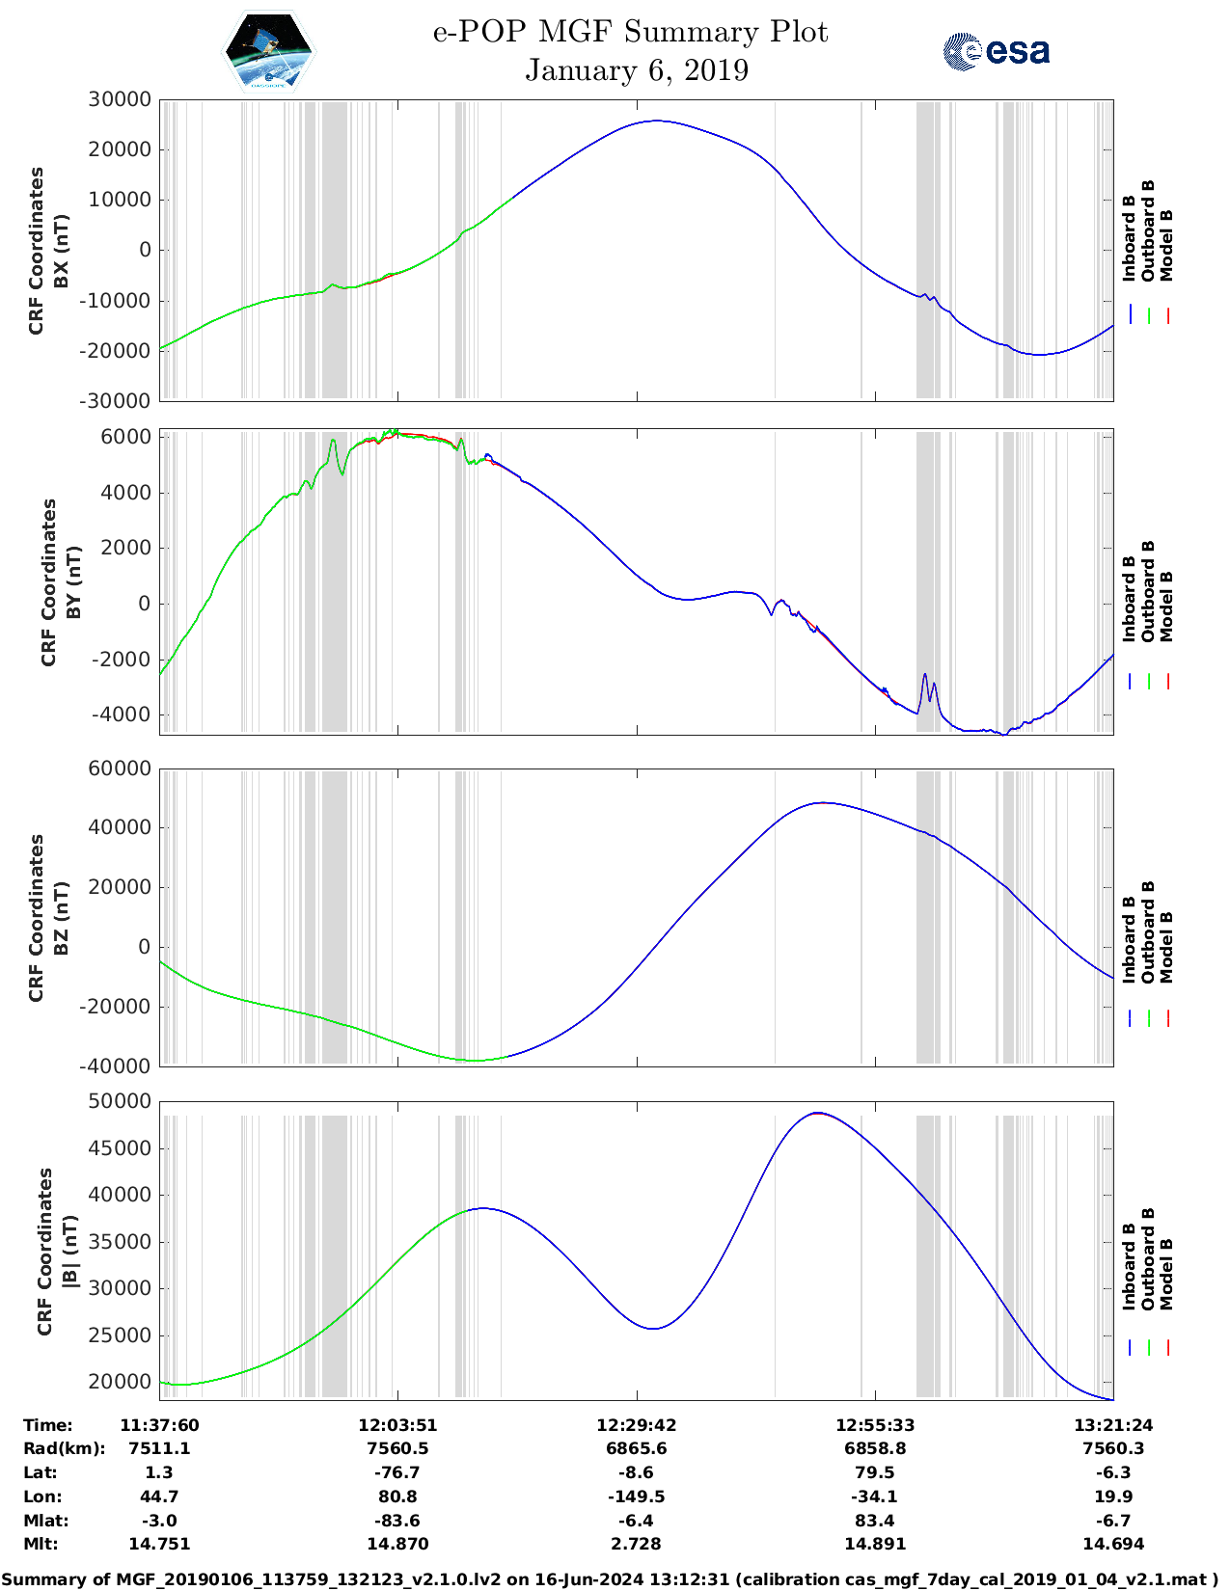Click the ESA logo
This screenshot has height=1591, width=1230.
997,51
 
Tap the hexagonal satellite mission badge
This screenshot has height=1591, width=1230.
269,51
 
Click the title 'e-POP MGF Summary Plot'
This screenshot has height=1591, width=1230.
630,32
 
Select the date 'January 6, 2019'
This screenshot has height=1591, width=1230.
637,70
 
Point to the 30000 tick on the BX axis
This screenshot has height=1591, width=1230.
119,99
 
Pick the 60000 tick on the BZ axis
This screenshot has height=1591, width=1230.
119,769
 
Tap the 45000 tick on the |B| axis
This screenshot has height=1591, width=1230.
119,1148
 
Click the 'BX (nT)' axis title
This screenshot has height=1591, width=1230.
62,251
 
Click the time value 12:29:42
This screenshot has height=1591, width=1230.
637,1425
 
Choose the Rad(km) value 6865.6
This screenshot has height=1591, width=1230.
637,1448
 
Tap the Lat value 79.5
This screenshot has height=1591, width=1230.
875,1472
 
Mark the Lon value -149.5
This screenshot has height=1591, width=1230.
637,1497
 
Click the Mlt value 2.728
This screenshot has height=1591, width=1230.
637,1544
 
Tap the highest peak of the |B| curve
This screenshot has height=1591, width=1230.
818,1113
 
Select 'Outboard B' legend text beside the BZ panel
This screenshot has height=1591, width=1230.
1148,932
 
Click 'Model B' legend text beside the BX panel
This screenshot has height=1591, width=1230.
1166,245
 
